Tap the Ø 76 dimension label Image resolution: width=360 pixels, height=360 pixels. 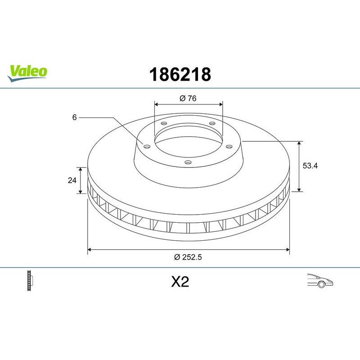(189, 98)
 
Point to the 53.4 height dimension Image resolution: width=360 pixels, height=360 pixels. (310, 166)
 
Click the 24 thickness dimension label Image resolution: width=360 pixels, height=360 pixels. (71, 180)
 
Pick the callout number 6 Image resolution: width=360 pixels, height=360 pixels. (74, 117)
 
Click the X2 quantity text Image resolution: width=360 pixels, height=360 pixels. (180, 282)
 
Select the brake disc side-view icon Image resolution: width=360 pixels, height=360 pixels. (31, 281)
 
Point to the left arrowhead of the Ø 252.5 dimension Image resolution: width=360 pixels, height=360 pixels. (89, 248)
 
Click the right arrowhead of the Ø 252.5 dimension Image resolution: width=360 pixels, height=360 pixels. (288, 248)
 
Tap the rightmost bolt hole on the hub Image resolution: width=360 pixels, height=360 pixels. (229, 145)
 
